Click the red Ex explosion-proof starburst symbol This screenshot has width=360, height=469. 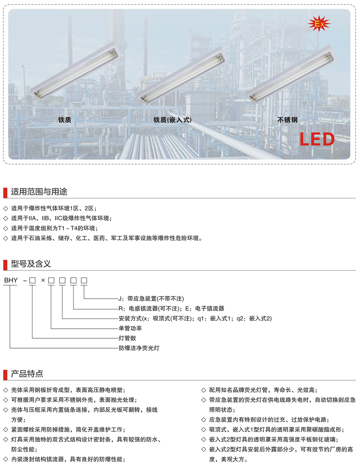[319, 23]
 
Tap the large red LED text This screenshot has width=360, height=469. [317, 139]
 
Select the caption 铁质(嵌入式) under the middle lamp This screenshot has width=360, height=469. [172, 120]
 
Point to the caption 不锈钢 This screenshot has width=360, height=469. [287, 120]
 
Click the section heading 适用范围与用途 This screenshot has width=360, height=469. [39, 191]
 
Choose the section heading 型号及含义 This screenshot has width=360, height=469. [31, 264]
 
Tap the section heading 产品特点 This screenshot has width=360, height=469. [27, 374]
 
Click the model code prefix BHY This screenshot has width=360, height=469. [11, 280]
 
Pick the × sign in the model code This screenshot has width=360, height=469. [43, 280]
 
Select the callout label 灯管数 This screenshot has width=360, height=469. [127, 338]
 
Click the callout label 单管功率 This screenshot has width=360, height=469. [130, 328]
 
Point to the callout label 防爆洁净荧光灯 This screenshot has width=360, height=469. [139, 348]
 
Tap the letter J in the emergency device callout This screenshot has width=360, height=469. [120, 299]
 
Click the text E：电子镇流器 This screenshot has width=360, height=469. [205, 309]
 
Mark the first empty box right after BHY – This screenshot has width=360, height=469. [32, 280]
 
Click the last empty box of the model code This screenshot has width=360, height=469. [84, 280]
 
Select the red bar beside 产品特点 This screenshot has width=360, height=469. [5, 375]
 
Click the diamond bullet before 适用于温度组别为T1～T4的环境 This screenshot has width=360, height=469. [6, 228]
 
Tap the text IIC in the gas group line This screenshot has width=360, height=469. [58, 218]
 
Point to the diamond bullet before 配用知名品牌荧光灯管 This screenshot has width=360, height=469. [203, 390]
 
